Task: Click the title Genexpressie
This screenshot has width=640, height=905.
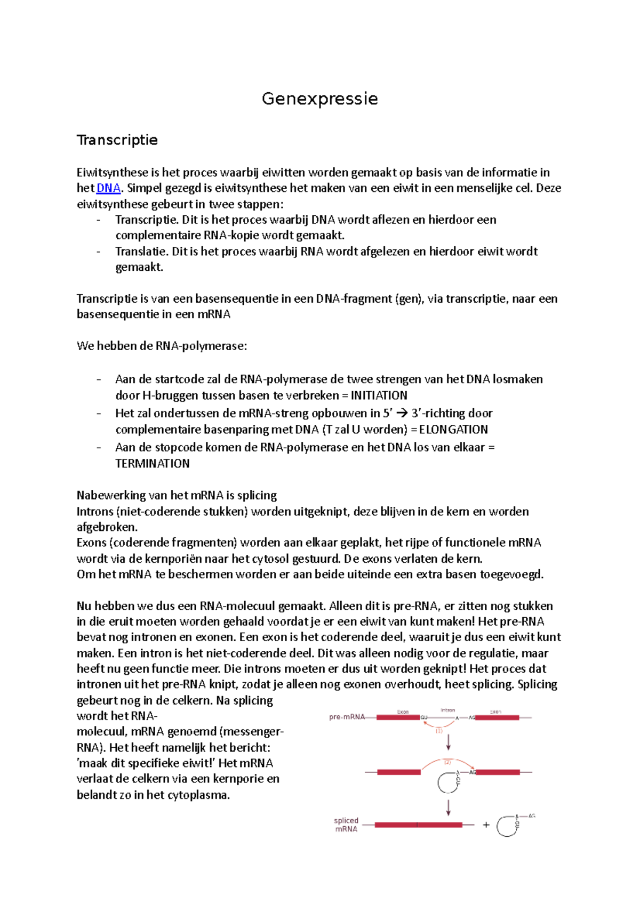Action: (319, 99)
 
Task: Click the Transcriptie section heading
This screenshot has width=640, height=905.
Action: (117, 140)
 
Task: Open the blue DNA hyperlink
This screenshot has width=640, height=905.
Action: (108, 188)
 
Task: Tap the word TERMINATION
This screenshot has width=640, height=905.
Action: (153, 464)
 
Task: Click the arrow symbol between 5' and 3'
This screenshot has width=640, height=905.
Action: (402, 414)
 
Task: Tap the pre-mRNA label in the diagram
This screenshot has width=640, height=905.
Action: (347, 717)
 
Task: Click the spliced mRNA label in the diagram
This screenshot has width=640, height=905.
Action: (346, 825)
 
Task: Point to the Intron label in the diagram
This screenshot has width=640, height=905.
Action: (448, 710)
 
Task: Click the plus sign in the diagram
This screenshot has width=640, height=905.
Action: (486, 825)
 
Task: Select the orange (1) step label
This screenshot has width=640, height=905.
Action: (439, 731)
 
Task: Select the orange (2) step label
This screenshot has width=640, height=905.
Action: (447, 762)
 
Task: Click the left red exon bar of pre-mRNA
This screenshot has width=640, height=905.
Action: (398, 717)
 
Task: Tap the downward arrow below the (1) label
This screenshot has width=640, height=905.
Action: (449, 742)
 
